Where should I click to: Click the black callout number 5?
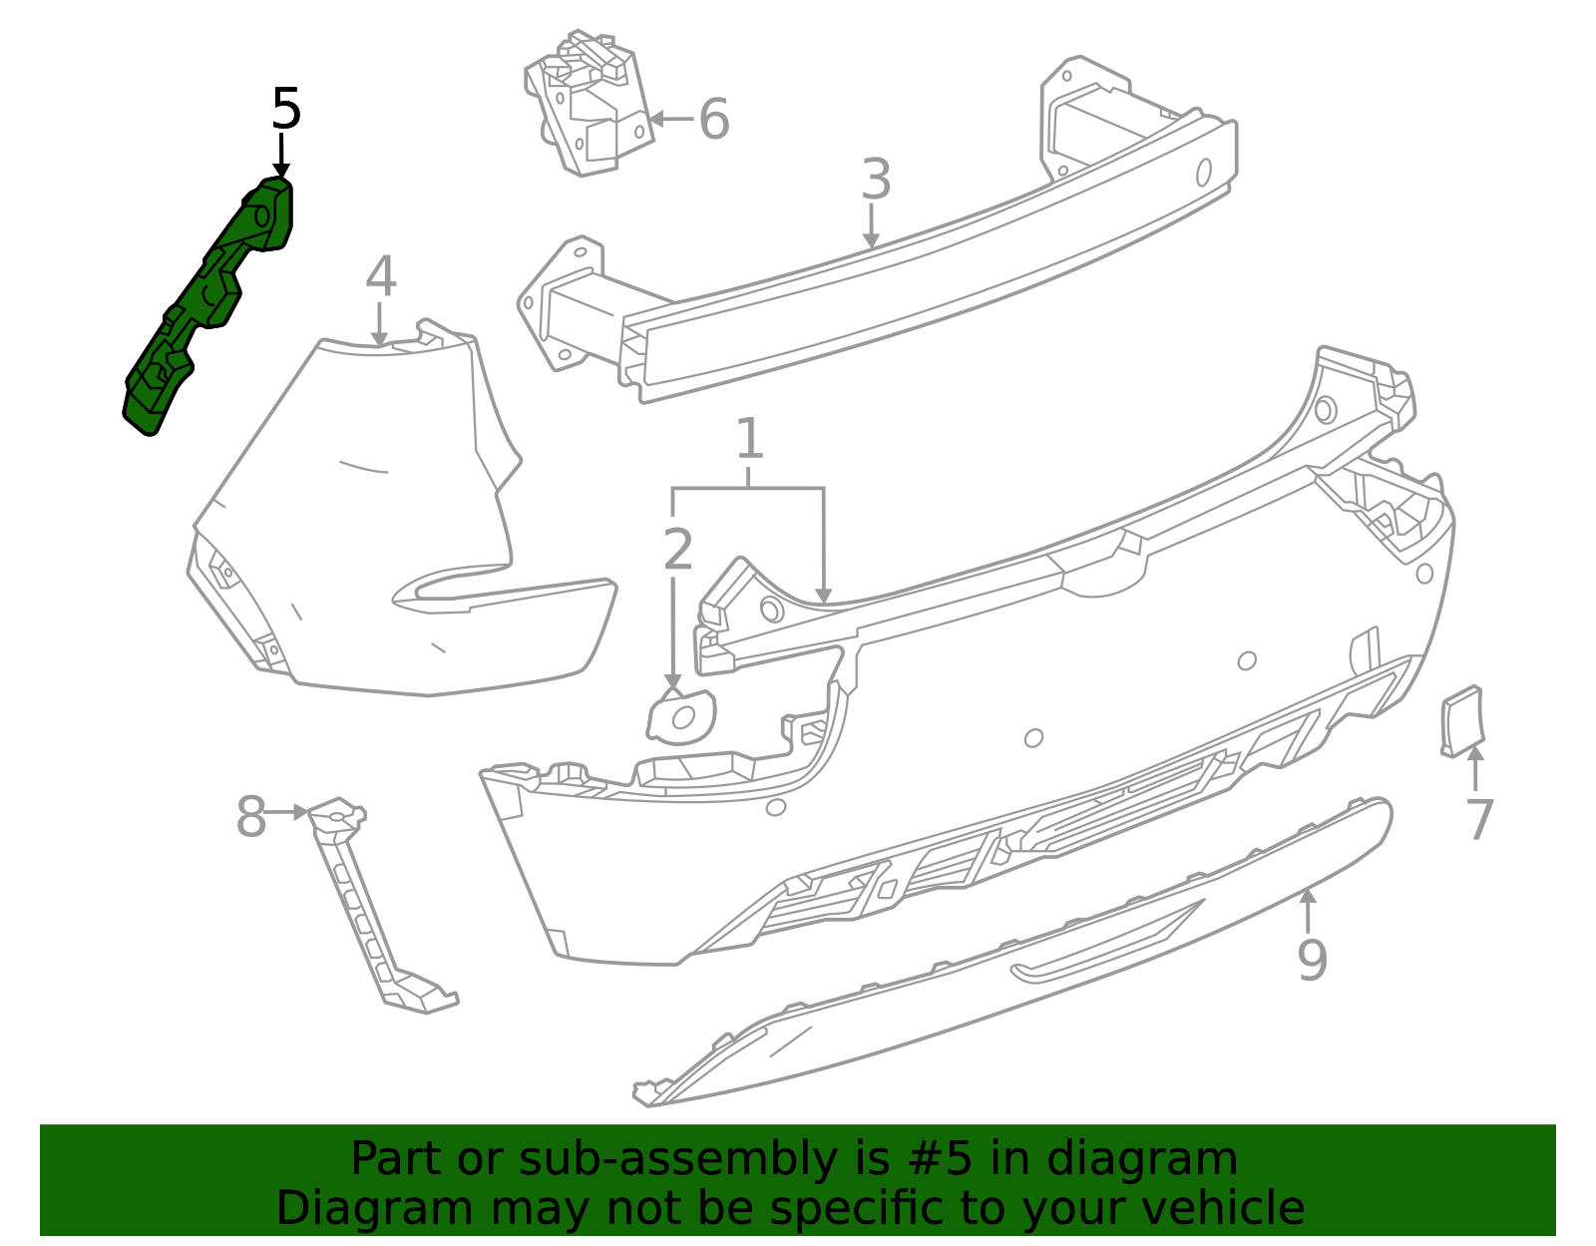(x=285, y=109)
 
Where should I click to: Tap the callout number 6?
(x=714, y=119)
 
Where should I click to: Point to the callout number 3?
(x=875, y=180)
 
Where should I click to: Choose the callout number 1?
(x=749, y=439)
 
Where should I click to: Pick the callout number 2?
(x=677, y=550)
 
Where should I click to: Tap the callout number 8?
(x=250, y=818)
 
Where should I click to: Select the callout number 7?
(x=1479, y=820)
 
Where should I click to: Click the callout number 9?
(x=1312, y=959)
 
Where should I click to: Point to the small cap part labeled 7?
(x=1462, y=720)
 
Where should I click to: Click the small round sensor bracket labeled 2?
(x=682, y=716)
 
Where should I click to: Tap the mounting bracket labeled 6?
(x=589, y=105)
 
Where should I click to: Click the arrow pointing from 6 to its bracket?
(x=670, y=119)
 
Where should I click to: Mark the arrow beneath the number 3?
(x=871, y=225)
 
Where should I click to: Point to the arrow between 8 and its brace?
(x=288, y=812)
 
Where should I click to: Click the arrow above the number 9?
(x=1308, y=910)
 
